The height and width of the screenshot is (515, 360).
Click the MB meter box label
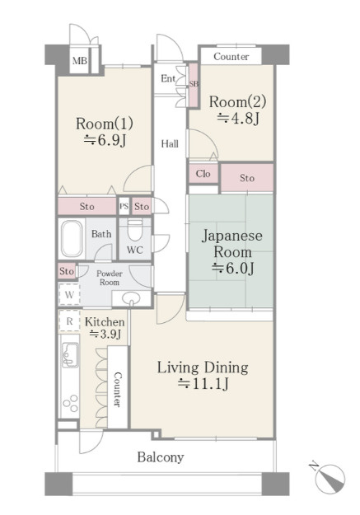coord(80,61)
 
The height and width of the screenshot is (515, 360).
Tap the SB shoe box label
coord(194,84)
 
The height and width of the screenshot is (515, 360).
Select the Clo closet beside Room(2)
coord(203,173)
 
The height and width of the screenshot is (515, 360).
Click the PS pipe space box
coord(124,207)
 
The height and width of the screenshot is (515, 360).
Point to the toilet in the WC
coord(134,230)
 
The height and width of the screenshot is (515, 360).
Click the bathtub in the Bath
coord(72,238)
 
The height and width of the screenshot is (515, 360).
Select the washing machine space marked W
coord(69,295)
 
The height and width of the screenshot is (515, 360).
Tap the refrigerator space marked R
coord(69,321)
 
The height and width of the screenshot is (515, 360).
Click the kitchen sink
coord(70,354)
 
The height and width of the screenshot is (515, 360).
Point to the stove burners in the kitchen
coord(71,403)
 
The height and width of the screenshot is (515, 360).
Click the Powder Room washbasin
coord(131,298)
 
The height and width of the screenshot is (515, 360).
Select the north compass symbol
coord(329,476)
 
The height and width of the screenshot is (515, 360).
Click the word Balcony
coord(161,457)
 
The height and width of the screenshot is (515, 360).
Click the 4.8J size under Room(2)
coord(238,118)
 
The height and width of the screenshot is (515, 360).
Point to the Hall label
coord(170,144)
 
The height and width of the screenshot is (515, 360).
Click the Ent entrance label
coord(168,78)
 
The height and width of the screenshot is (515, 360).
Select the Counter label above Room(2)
coord(231,57)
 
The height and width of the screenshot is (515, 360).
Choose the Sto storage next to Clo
coord(247,178)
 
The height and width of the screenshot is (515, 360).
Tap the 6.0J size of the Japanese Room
coord(233,269)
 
